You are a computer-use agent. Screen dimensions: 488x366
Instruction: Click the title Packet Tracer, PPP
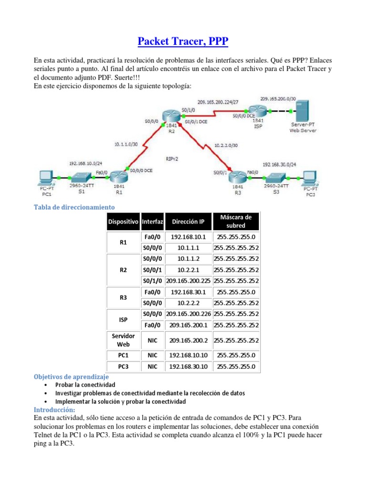[x=183, y=42]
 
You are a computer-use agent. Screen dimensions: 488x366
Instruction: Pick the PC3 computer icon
[x=310, y=177]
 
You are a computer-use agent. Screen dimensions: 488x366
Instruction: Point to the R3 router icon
[x=237, y=178]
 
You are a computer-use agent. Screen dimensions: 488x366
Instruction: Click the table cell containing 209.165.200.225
[x=188, y=281]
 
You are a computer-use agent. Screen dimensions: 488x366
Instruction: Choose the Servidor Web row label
[x=123, y=339]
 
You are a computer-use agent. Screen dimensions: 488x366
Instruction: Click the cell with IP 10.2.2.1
[x=188, y=270]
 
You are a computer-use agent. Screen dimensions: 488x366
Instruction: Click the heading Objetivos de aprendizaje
[x=71, y=376]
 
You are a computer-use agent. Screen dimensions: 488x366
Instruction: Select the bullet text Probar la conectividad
[x=85, y=385]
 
